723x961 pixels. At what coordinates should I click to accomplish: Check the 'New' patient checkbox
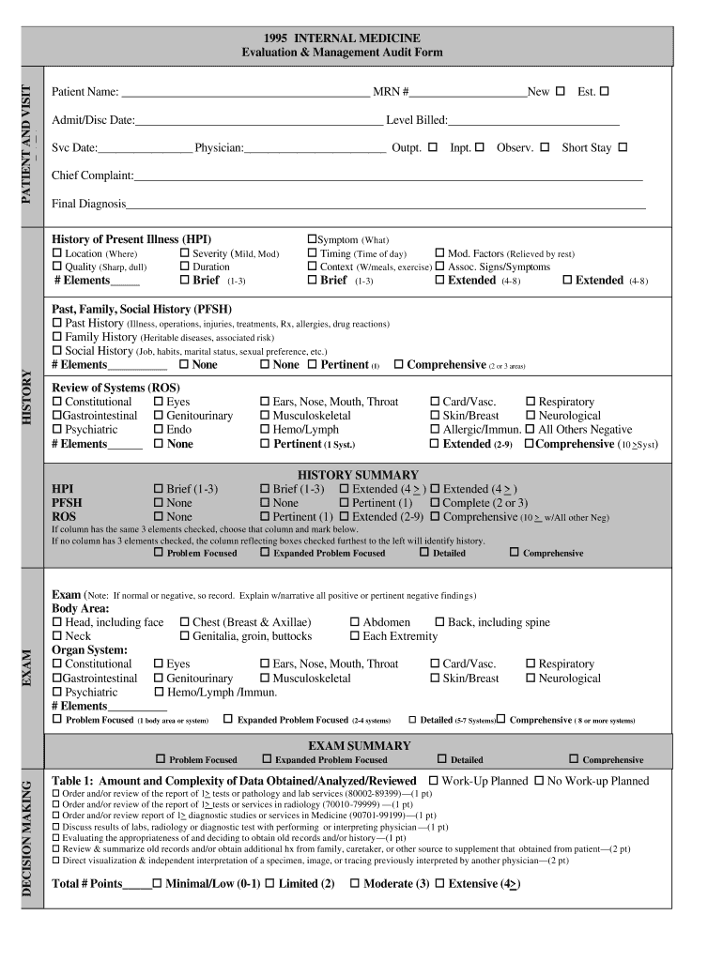561,92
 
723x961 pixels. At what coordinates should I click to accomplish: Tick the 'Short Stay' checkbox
623,147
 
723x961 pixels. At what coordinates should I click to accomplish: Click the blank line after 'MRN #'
468,93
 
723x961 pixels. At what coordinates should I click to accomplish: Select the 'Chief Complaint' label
92,175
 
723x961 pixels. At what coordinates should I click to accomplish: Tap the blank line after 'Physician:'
315,148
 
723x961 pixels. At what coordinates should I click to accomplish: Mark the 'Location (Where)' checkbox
57,253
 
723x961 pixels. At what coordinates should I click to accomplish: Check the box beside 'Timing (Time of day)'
313,253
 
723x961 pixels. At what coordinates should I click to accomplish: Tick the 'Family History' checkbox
57,337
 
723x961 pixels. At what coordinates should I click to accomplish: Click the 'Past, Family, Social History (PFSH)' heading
142,309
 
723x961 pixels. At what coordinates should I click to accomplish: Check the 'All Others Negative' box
531,430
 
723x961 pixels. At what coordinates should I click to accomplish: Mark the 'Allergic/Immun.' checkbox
435,430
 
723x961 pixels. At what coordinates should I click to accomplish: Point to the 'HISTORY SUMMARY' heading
358,475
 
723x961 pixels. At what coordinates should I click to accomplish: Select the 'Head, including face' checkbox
57,622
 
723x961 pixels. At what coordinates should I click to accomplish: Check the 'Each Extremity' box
355,636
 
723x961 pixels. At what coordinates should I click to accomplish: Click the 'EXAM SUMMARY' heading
359,746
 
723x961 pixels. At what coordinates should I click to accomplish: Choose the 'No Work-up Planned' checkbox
540,781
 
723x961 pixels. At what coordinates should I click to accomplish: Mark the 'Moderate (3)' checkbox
355,883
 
